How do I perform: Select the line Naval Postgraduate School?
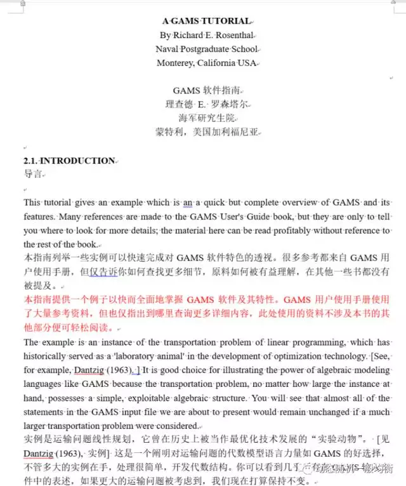pos(207,49)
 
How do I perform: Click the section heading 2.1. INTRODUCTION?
pos(70,161)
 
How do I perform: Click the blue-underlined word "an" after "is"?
pos(188,203)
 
